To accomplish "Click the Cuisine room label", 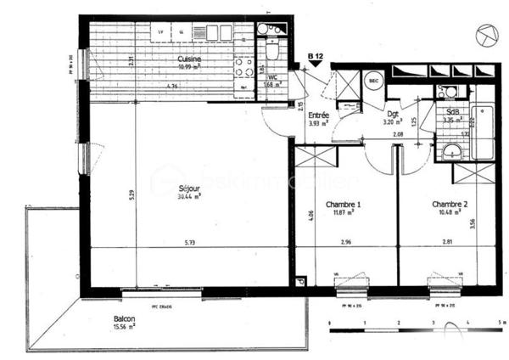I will (x=188, y=59).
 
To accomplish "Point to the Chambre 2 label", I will (x=449, y=204).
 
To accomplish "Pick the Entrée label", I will (x=318, y=115).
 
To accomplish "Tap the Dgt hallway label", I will (x=393, y=113).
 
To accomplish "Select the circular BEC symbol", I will (x=373, y=81).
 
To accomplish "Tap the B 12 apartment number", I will (x=316, y=56).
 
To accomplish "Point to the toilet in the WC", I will (x=271, y=51).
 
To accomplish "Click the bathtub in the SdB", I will (x=481, y=132).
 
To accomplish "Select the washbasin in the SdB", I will (x=451, y=152).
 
